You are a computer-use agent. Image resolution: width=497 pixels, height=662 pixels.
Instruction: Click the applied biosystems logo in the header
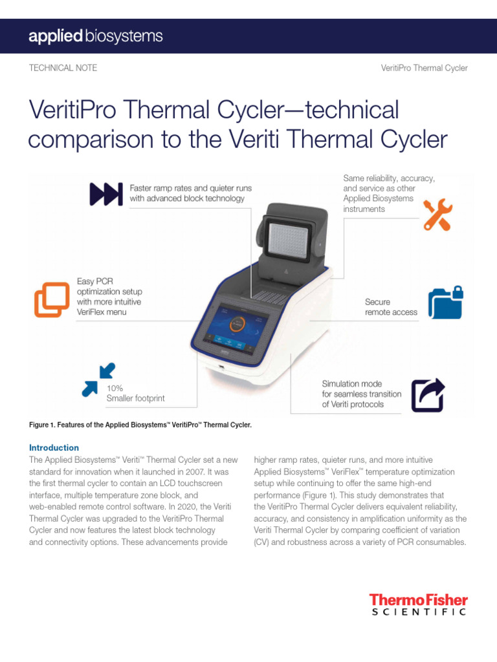click(x=95, y=36)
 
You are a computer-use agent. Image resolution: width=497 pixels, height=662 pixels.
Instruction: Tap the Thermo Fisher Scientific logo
click(x=418, y=605)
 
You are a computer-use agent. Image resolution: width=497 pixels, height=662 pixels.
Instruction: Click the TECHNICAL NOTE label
click(x=63, y=68)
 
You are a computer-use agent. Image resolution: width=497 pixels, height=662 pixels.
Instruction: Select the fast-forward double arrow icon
click(x=105, y=193)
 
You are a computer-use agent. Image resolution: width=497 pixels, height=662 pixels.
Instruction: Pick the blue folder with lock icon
click(x=446, y=303)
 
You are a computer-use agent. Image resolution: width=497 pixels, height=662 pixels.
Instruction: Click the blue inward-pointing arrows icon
click(x=98, y=379)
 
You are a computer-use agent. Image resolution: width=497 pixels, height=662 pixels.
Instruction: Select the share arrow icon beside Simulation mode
click(x=428, y=394)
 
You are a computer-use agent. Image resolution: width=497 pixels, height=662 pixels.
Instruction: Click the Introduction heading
click(x=54, y=447)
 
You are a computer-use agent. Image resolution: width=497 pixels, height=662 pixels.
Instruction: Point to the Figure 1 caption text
click(x=140, y=425)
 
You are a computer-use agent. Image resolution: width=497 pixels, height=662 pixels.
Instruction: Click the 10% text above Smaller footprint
click(x=115, y=388)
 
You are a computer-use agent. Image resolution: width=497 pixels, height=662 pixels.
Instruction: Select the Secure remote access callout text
click(x=391, y=307)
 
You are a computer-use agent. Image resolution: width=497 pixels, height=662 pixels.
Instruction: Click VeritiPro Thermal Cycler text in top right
click(x=424, y=68)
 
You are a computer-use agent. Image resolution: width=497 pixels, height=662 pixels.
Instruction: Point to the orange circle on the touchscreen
click(x=237, y=324)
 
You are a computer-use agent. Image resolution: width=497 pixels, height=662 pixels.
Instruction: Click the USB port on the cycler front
click(x=221, y=369)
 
